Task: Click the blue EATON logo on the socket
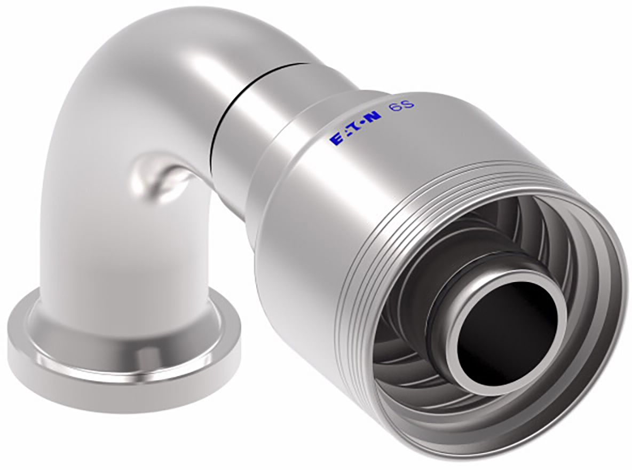355,128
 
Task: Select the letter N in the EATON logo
374,117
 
